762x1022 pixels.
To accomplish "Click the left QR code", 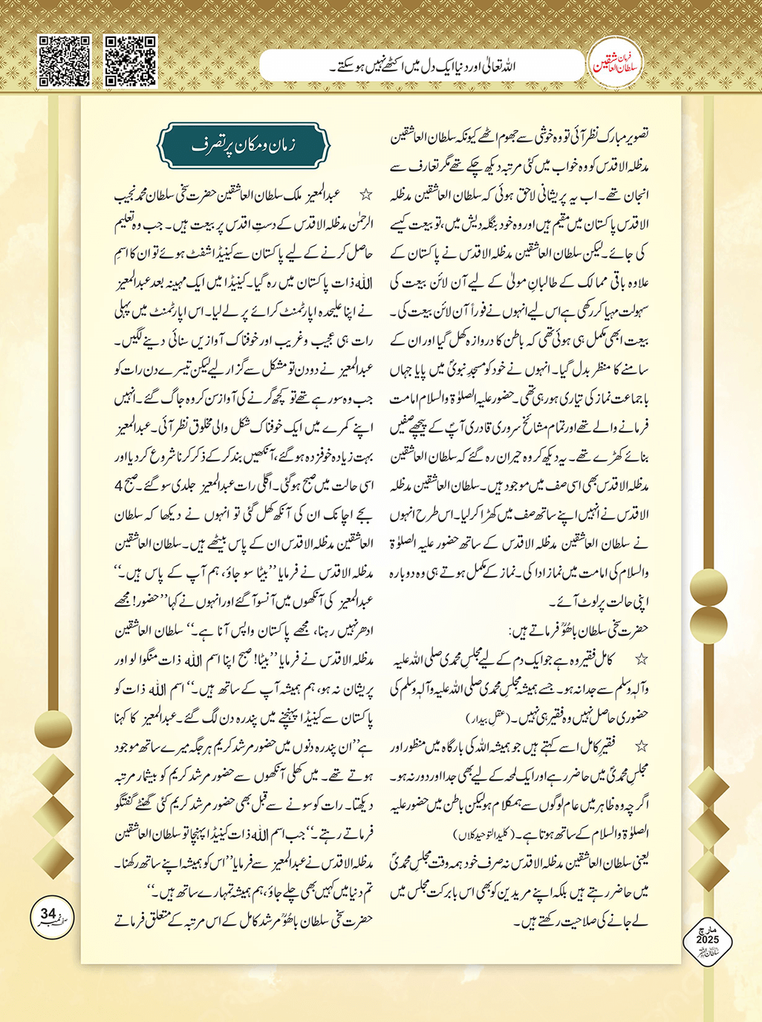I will point(64,61).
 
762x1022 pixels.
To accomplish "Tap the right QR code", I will point(131,61).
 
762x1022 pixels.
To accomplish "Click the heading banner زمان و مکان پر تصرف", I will point(243,146).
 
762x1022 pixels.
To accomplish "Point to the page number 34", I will point(48,914).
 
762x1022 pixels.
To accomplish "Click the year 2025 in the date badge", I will point(707,940).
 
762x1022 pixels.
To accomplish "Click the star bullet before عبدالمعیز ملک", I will point(365,195).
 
